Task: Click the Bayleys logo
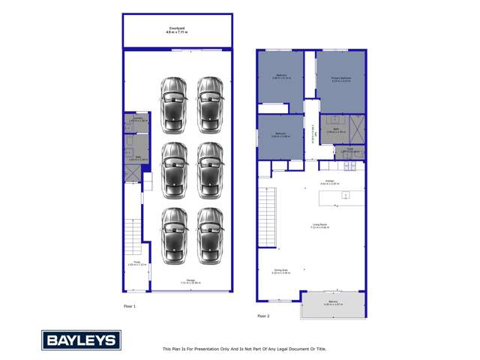[81, 340]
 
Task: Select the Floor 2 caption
[263, 316]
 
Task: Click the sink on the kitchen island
[345, 195]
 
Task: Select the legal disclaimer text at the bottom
[244, 349]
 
